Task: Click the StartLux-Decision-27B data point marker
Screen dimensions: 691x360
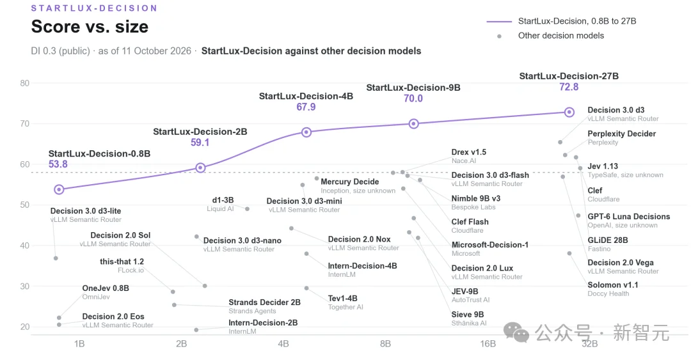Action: coord(569,112)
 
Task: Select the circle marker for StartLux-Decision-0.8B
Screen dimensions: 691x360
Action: coord(59,189)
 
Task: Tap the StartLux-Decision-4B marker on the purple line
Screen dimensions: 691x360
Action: coord(306,132)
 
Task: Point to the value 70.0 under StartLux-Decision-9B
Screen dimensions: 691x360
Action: coord(413,98)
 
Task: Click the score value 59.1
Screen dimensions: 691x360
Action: coord(200,143)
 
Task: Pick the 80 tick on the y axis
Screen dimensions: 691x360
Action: coord(25,83)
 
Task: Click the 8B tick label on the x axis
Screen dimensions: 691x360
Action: coord(385,344)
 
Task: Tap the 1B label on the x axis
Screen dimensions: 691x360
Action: coord(79,344)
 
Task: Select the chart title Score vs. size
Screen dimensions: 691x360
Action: coord(90,26)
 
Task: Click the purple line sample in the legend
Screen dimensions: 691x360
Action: coord(499,21)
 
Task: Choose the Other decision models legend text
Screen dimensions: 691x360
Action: coord(560,36)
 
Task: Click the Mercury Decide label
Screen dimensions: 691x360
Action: coord(349,182)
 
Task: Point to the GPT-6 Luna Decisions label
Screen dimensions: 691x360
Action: coord(628,216)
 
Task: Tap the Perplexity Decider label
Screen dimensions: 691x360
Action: coord(621,134)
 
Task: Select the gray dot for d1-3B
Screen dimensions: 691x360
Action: coord(247,209)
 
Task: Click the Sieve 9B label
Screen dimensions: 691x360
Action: coord(467,315)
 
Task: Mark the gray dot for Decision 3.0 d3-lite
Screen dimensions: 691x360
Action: coord(56,258)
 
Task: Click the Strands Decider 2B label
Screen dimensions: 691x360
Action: coord(264,302)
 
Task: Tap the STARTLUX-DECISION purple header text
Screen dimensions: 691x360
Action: coord(94,8)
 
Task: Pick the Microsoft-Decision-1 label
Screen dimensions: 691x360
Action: coord(489,244)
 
